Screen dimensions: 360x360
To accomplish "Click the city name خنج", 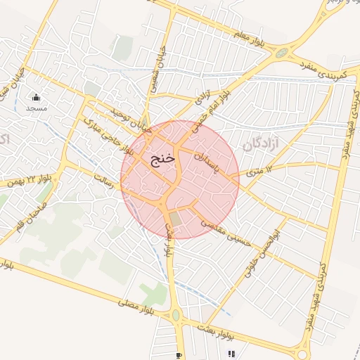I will (x=162, y=159).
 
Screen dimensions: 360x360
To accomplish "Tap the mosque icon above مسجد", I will (x=37, y=98).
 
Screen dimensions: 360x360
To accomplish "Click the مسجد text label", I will (x=36, y=108).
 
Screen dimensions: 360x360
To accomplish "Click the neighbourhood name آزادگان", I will (x=261, y=145).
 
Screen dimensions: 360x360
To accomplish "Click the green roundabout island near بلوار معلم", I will (x=283, y=53).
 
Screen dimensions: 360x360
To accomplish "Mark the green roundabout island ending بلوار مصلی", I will (x=176, y=315).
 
